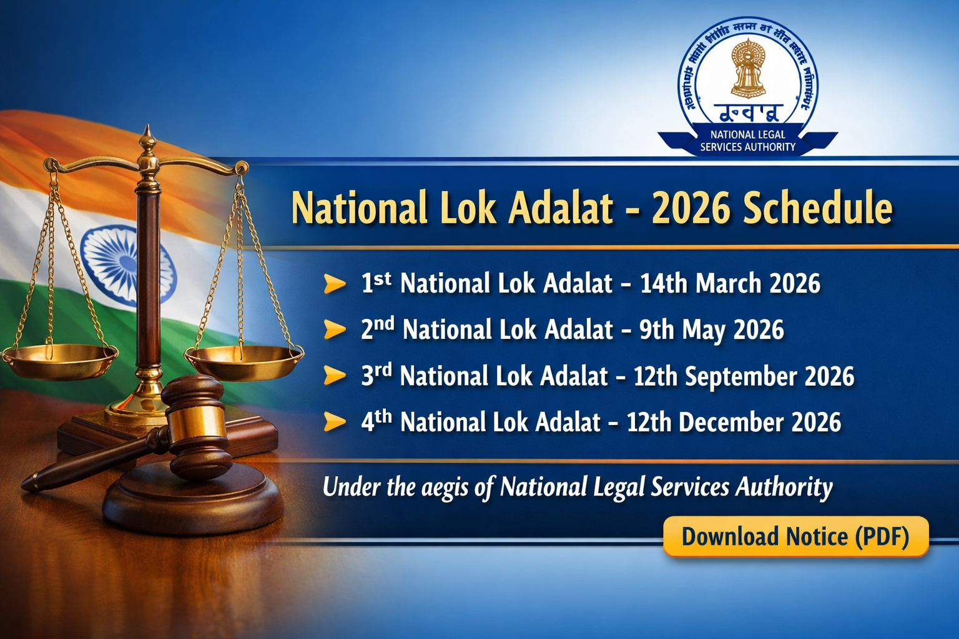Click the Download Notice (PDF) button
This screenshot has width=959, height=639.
point(795,537)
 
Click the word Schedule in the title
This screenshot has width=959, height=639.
point(817,208)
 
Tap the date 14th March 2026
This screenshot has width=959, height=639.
point(730,284)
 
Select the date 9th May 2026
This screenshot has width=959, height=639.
point(711,330)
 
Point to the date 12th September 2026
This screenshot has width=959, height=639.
point(744,376)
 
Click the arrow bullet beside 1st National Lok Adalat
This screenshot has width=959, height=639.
point(335,285)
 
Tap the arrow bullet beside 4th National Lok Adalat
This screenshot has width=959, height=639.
point(335,422)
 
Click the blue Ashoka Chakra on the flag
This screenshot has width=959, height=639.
point(125,265)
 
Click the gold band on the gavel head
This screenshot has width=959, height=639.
point(195,423)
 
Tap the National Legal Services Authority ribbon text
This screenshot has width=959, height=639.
point(747,141)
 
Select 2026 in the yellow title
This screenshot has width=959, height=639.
point(690,208)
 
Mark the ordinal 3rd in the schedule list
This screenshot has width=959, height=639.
point(376,374)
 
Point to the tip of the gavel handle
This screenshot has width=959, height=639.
point(28,484)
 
